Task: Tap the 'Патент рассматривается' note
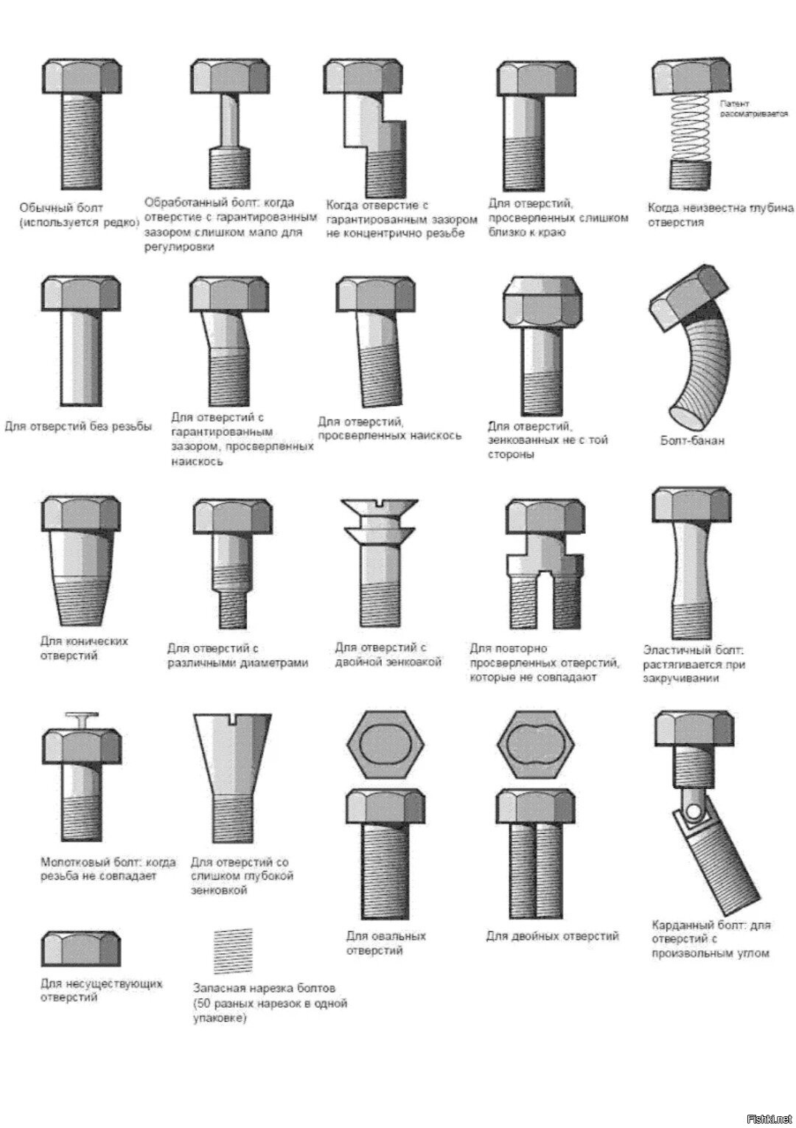pyautogui.click(x=753, y=109)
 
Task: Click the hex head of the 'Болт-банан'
pyautogui.click(x=688, y=298)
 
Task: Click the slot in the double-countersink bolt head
pyautogui.click(x=379, y=503)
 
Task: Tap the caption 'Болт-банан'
pyautogui.click(x=692, y=441)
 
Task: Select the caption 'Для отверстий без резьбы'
pyautogui.click(x=78, y=427)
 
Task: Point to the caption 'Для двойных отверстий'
pyautogui.click(x=552, y=936)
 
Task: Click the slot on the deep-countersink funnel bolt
pyautogui.click(x=233, y=717)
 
